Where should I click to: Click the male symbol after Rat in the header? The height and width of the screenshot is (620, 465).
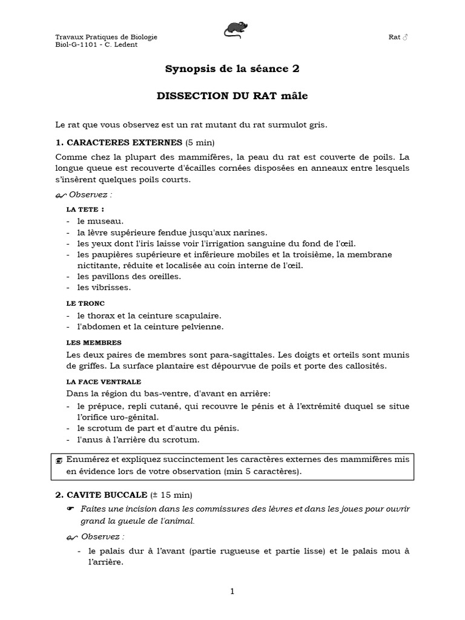[406, 37]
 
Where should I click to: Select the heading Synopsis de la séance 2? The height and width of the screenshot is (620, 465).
[232, 69]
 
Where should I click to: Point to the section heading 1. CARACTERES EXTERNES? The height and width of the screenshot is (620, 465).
[119, 143]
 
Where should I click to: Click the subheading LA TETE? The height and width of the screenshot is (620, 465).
[81, 209]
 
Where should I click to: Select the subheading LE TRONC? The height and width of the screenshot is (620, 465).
[85, 303]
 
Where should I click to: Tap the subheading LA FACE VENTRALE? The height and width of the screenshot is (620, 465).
[104, 382]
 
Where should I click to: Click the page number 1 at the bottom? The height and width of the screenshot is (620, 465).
[232, 592]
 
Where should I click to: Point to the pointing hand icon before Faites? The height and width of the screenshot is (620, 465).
[70, 509]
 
